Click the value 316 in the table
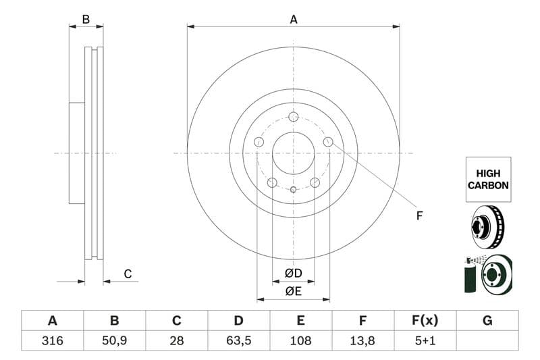(x=52, y=341)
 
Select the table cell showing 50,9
(x=114, y=341)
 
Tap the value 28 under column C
(x=177, y=341)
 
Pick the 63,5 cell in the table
(x=238, y=341)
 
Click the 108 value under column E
(x=300, y=341)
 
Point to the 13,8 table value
(x=362, y=341)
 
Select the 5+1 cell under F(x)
(x=425, y=341)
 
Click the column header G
(x=487, y=321)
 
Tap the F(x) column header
(x=425, y=321)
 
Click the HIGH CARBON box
(x=488, y=179)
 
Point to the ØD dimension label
(x=293, y=274)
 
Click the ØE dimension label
(x=293, y=291)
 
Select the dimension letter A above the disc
(x=294, y=20)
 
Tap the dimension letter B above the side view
(x=86, y=20)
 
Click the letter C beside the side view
(x=127, y=274)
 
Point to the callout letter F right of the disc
(x=418, y=216)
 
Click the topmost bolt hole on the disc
(x=294, y=116)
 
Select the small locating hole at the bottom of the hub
(x=294, y=189)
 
